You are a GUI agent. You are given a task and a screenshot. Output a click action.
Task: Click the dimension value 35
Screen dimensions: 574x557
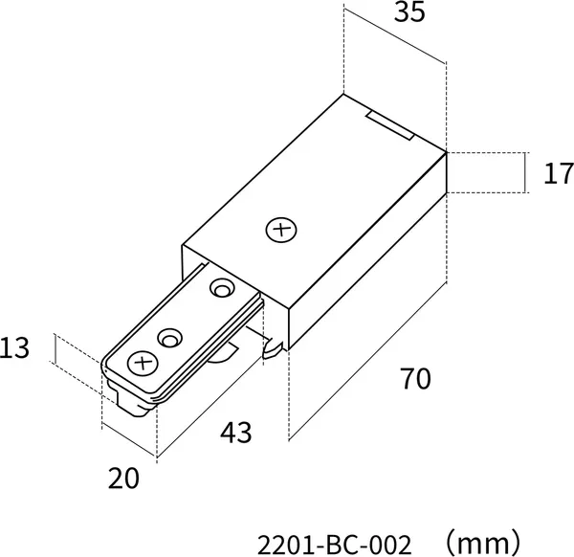pos(409,12)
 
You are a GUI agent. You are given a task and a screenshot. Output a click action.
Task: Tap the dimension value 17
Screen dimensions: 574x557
pos(559,173)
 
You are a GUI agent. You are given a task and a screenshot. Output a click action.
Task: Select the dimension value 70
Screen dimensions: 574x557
pos(416,378)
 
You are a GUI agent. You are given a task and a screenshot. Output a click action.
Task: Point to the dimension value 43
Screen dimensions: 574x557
pos(236,433)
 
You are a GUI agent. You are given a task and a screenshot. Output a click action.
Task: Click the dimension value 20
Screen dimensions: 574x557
pos(123,478)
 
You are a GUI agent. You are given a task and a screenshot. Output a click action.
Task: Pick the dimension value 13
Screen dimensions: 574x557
pos(14,348)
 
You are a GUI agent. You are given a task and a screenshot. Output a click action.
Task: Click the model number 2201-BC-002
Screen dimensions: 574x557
pos(335,546)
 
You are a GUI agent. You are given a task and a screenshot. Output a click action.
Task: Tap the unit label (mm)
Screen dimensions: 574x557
pos(482,543)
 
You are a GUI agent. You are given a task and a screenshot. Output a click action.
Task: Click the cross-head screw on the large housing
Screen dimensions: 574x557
pos(281,230)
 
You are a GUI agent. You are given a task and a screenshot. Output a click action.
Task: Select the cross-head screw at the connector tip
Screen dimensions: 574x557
pos(143,364)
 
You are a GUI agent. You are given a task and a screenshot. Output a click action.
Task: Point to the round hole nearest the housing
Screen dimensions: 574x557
pos(223,288)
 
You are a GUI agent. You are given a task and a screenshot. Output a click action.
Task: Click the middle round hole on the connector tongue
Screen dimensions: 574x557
pos(170,338)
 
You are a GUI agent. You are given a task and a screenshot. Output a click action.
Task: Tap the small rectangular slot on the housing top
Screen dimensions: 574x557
pos(390,126)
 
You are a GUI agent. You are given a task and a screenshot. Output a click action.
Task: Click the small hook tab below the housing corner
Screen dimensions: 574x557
pos(273,348)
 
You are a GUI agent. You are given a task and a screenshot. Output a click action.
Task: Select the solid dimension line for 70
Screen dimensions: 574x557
pos(367,361)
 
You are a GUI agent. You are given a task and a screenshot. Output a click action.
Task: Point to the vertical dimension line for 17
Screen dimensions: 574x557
pos(525,172)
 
